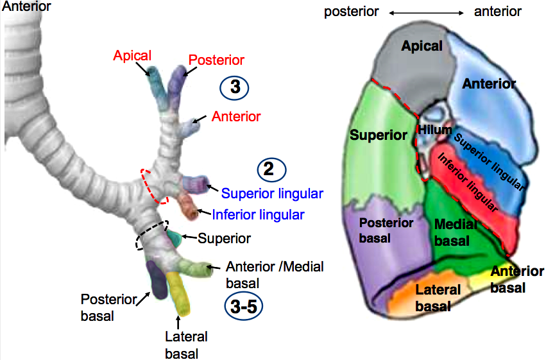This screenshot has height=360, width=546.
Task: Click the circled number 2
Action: click(x=271, y=170)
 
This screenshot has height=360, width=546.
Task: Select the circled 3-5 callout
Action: click(x=244, y=307)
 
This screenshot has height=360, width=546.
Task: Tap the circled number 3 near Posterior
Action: click(x=234, y=87)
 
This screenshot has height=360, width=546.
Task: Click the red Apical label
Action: click(x=132, y=56)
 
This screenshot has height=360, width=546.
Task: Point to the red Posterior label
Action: click(x=216, y=60)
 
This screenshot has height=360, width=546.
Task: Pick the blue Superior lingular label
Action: click(x=272, y=194)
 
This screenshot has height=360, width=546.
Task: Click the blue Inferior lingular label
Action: click(x=259, y=215)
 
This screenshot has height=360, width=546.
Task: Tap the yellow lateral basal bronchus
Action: click(x=178, y=293)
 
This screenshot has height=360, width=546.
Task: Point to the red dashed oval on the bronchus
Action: click(x=155, y=186)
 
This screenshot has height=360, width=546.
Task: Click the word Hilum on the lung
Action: click(x=435, y=130)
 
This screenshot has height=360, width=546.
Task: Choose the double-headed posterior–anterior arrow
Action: click(x=426, y=13)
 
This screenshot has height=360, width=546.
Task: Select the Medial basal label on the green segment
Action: click(x=455, y=232)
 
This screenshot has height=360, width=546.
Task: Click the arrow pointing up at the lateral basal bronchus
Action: click(x=178, y=322)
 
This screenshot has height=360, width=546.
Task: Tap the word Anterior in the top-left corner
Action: click(x=26, y=6)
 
